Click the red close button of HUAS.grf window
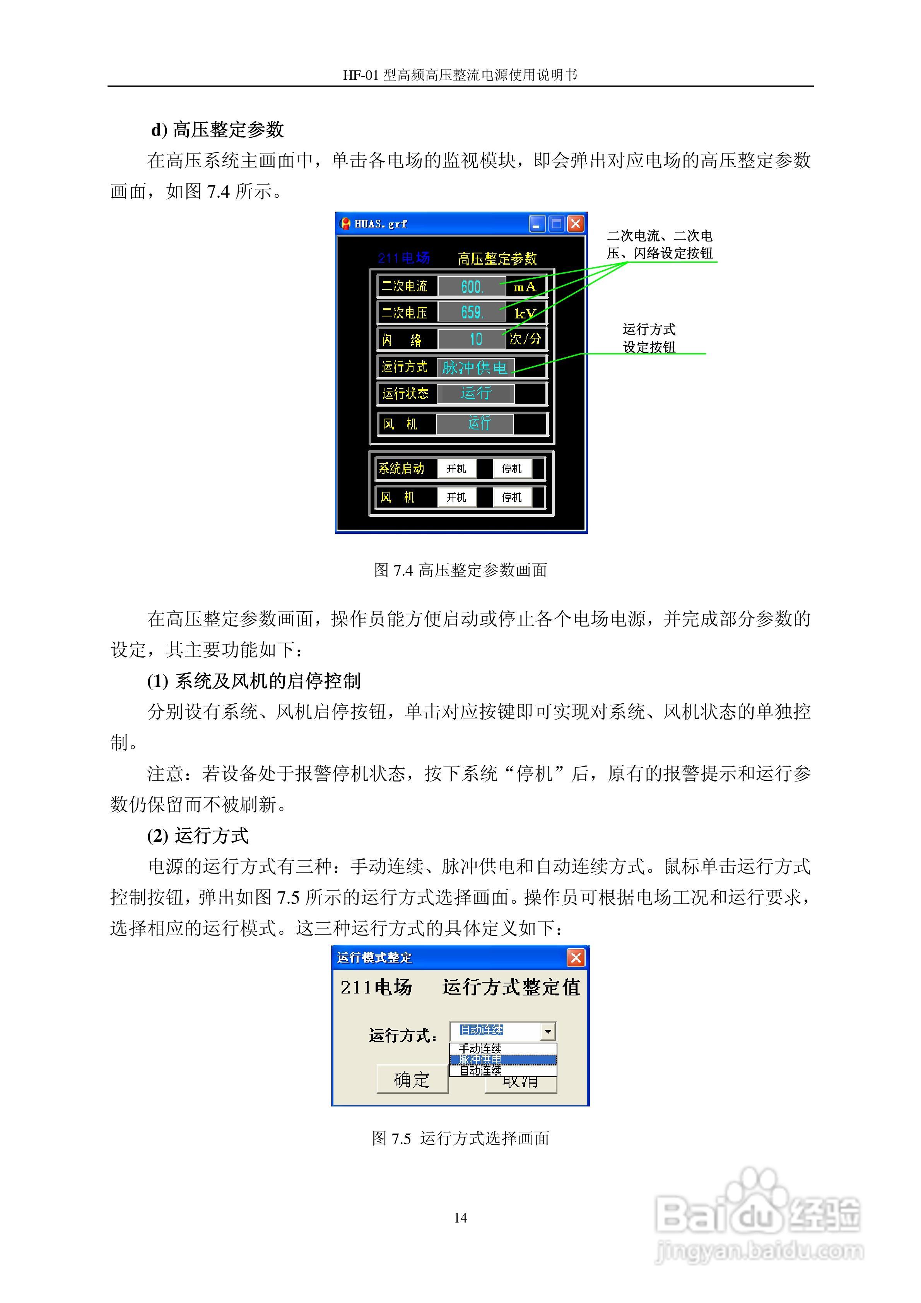[576, 224]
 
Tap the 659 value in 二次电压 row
[472, 313]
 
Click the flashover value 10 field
[472, 339]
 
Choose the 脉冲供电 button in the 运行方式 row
[475, 367]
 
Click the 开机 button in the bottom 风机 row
[456, 498]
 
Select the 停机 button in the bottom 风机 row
[512, 498]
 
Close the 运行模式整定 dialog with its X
[576, 958]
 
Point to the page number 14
[461, 1218]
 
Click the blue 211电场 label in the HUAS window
[404, 258]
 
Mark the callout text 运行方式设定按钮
[649, 338]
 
